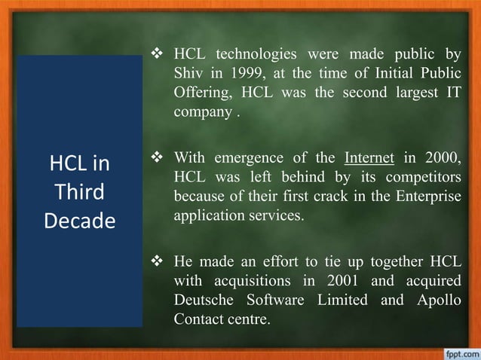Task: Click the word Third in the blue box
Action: point(79,192)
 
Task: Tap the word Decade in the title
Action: point(79,221)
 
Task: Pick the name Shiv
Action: point(188,73)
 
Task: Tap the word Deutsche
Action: point(201,300)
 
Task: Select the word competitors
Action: point(423,178)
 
